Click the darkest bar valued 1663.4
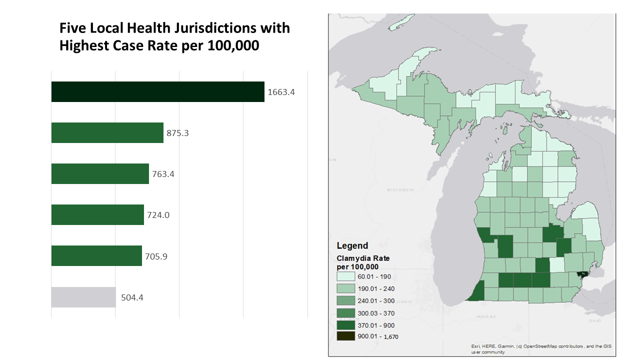157,92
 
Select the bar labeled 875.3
107,133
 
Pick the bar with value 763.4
100,174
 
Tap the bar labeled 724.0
97,215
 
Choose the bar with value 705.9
96,256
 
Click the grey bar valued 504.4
83,297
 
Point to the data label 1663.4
281,92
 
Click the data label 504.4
132,297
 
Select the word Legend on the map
352,245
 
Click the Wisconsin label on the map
401,190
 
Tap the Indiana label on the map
486,316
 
